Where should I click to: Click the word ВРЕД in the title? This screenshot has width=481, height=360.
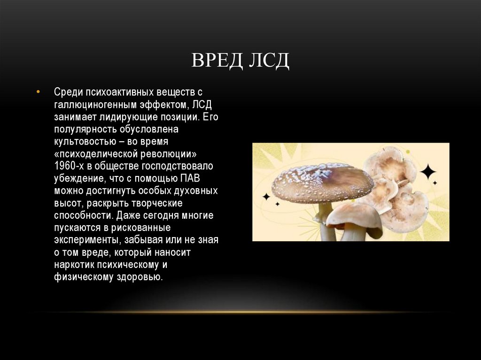[214, 61]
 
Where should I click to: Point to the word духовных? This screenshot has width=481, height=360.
[198, 191]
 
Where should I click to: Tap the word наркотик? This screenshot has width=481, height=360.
[77, 265]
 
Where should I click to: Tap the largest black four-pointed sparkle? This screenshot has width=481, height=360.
[428, 172]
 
